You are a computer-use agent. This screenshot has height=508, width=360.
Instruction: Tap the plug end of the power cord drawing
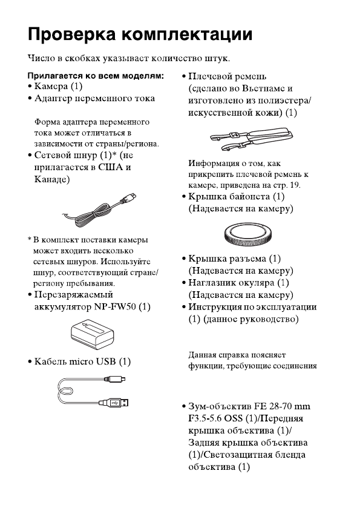(129, 197)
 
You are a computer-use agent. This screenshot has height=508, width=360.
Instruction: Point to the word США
(110, 167)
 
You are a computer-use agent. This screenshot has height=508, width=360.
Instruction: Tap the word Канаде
(49, 179)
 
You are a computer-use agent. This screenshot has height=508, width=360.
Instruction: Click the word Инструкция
(220, 307)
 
